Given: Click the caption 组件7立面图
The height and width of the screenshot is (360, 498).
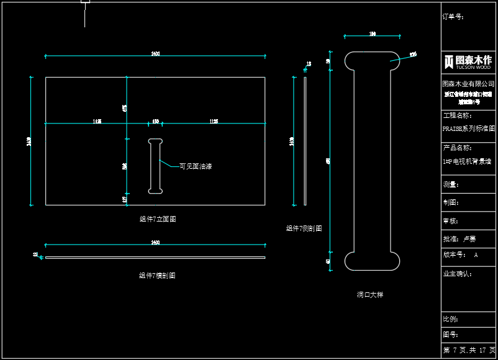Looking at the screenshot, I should click(158, 219).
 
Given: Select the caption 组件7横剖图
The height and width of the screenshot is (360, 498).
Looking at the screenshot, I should click(157, 276).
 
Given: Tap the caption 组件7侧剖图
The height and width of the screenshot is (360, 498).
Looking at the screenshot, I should click(304, 228).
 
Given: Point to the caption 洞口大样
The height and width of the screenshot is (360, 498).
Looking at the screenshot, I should click(370, 295).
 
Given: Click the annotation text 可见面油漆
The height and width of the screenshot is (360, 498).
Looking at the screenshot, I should click(196, 166).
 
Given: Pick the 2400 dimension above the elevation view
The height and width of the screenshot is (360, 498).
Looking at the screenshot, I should click(155, 55).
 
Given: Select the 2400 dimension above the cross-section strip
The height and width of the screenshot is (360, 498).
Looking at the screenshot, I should click(155, 243).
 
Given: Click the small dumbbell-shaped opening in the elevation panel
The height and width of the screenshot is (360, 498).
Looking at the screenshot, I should click(155, 166).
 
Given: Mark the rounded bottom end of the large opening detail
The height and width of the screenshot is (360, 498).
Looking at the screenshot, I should click(372, 261).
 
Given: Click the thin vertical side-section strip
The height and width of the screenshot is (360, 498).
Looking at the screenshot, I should click(305, 141).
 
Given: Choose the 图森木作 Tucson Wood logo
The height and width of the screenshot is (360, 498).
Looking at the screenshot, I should click(468, 61).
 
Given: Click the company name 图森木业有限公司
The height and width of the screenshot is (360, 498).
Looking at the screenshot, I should click(468, 83).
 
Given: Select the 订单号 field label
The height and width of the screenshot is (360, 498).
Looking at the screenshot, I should click(453, 17).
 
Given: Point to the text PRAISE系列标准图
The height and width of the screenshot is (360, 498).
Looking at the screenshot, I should click(468, 129).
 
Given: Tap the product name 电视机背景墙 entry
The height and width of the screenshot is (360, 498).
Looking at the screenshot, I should click(467, 161).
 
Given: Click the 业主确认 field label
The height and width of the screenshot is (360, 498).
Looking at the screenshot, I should click(457, 274).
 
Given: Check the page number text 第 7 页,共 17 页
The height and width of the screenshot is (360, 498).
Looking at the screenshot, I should click(469, 350).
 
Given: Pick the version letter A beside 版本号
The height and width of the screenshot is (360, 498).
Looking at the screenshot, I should click(476, 255).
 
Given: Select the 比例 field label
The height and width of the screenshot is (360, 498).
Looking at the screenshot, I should click(450, 319).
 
